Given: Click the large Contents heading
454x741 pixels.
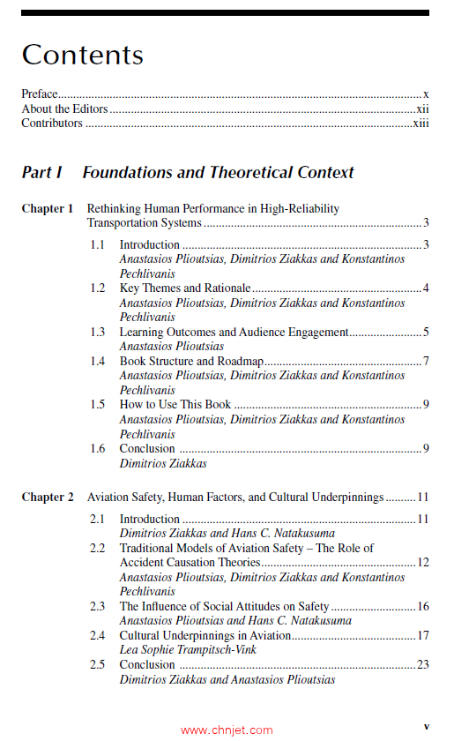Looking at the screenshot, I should pyautogui.click(x=82, y=55).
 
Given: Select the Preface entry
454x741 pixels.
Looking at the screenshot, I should pyautogui.click(x=40, y=94).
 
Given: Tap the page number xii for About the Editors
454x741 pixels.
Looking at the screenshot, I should pyautogui.click(x=422, y=109).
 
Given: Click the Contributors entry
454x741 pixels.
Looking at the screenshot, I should pyautogui.click(x=52, y=123).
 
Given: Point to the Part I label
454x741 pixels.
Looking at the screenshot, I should pyautogui.click(x=41, y=173).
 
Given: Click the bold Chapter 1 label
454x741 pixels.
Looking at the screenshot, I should pyautogui.click(x=48, y=209).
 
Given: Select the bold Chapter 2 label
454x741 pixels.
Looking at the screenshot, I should pyautogui.click(x=48, y=498).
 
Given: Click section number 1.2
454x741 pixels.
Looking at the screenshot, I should pyautogui.click(x=98, y=288).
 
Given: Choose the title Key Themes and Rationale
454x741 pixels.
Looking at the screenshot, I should pyautogui.click(x=185, y=288).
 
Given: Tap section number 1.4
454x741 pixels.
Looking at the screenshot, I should pyautogui.click(x=98, y=361).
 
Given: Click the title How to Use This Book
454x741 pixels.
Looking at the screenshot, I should pyautogui.click(x=175, y=405).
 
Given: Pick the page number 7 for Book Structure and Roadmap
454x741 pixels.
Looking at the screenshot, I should pyautogui.click(x=426, y=361).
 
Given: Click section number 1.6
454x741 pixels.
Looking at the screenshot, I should pyautogui.click(x=98, y=448).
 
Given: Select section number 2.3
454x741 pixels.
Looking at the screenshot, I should pyautogui.click(x=98, y=607).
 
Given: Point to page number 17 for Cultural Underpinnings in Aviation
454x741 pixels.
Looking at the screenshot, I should pyautogui.click(x=423, y=635).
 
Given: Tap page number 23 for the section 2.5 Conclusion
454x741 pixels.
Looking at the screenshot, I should pyautogui.click(x=422, y=664).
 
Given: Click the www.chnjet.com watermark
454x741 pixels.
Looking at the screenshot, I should pyautogui.click(x=227, y=730).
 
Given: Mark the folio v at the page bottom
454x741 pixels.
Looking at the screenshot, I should pyautogui.click(x=426, y=726).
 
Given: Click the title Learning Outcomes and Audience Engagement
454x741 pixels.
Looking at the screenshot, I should pyautogui.click(x=234, y=333).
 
